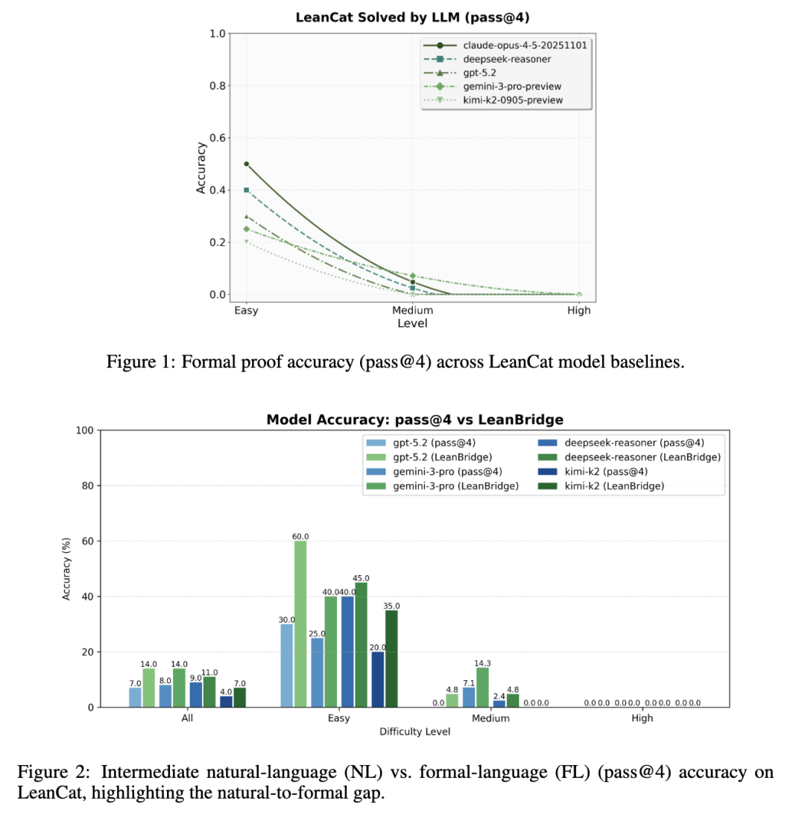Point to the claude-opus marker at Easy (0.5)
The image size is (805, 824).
(x=246, y=164)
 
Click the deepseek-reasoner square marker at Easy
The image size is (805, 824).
(x=246, y=190)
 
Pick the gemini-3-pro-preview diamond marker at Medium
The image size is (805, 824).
(x=412, y=276)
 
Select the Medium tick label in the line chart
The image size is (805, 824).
(x=412, y=311)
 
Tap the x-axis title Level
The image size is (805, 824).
(x=412, y=323)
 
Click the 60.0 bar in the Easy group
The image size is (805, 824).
(x=300, y=624)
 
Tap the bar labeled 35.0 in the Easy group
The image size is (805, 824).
(x=391, y=659)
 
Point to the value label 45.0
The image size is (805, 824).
(x=361, y=577)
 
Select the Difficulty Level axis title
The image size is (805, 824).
(x=414, y=732)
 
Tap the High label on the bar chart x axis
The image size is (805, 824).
(x=642, y=718)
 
